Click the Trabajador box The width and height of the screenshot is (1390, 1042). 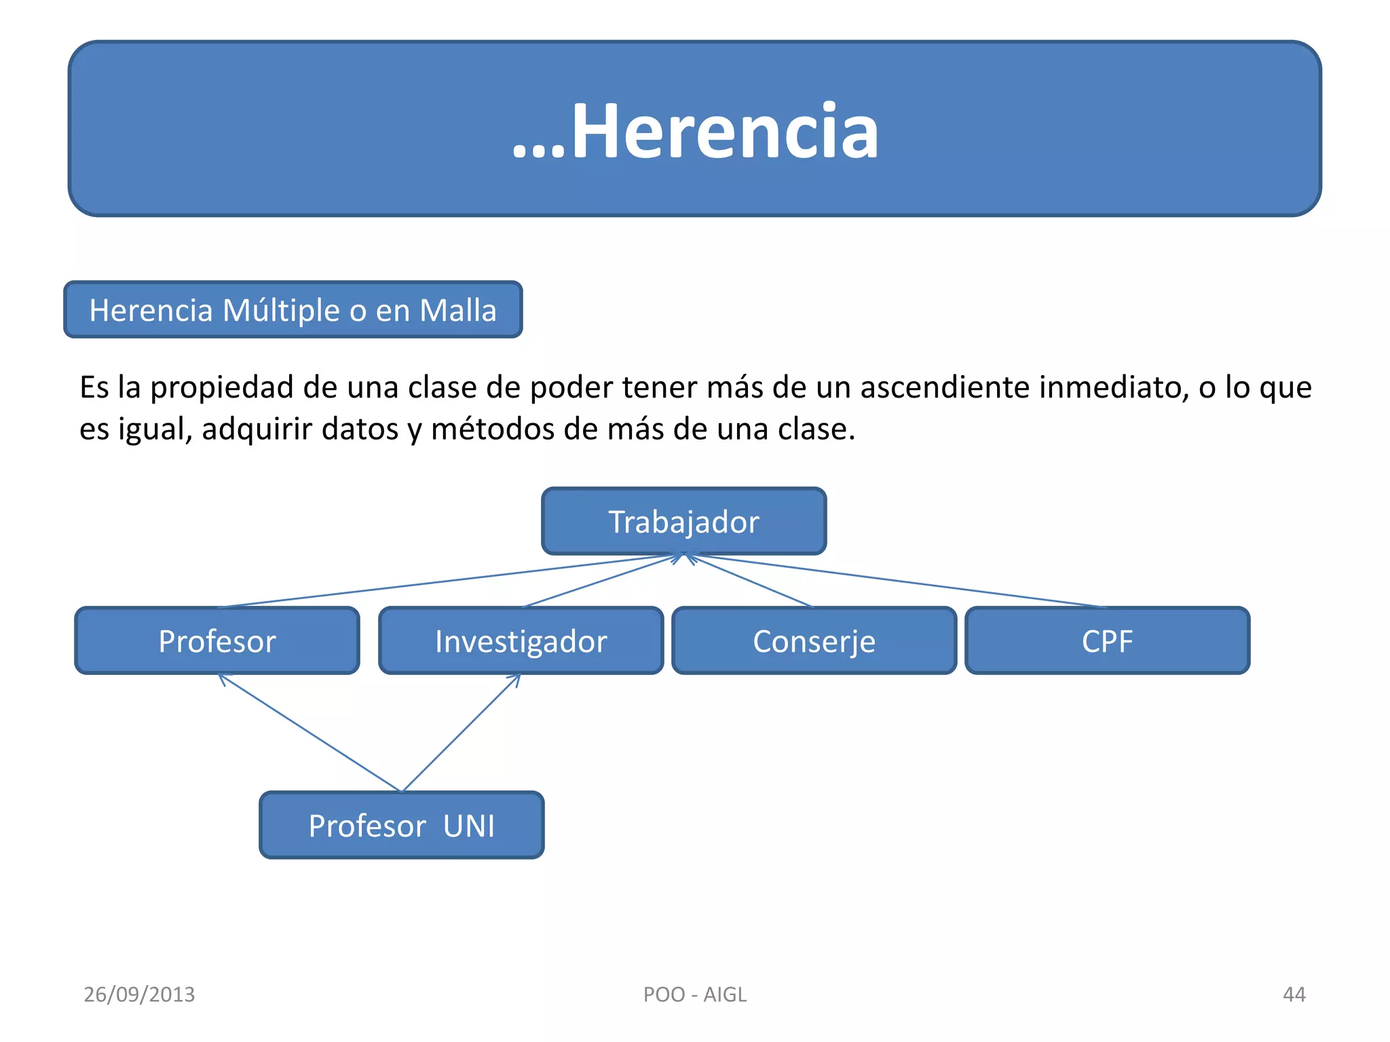click(x=683, y=521)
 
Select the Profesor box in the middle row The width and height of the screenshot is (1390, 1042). click(x=217, y=640)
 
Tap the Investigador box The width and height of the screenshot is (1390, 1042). click(x=521, y=640)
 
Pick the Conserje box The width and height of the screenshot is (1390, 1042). click(x=814, y=640)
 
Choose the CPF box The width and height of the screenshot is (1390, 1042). click(x=1107, y=640)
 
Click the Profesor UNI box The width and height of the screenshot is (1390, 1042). click(x=401, y=825)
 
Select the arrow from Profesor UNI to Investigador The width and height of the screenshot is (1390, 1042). click(x=462, y=733)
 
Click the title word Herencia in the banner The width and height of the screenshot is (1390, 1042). click(x=724, y=130)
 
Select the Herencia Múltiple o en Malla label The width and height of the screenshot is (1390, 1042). click(x=293, y=310)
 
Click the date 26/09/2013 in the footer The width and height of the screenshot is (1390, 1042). click(x=139, y=994)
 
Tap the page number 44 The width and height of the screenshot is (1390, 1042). click(x=1294, y=994)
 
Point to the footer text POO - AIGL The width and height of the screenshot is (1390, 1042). click(x=694, y=994)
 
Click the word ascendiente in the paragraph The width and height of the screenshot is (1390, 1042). click(x=945, y=387)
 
